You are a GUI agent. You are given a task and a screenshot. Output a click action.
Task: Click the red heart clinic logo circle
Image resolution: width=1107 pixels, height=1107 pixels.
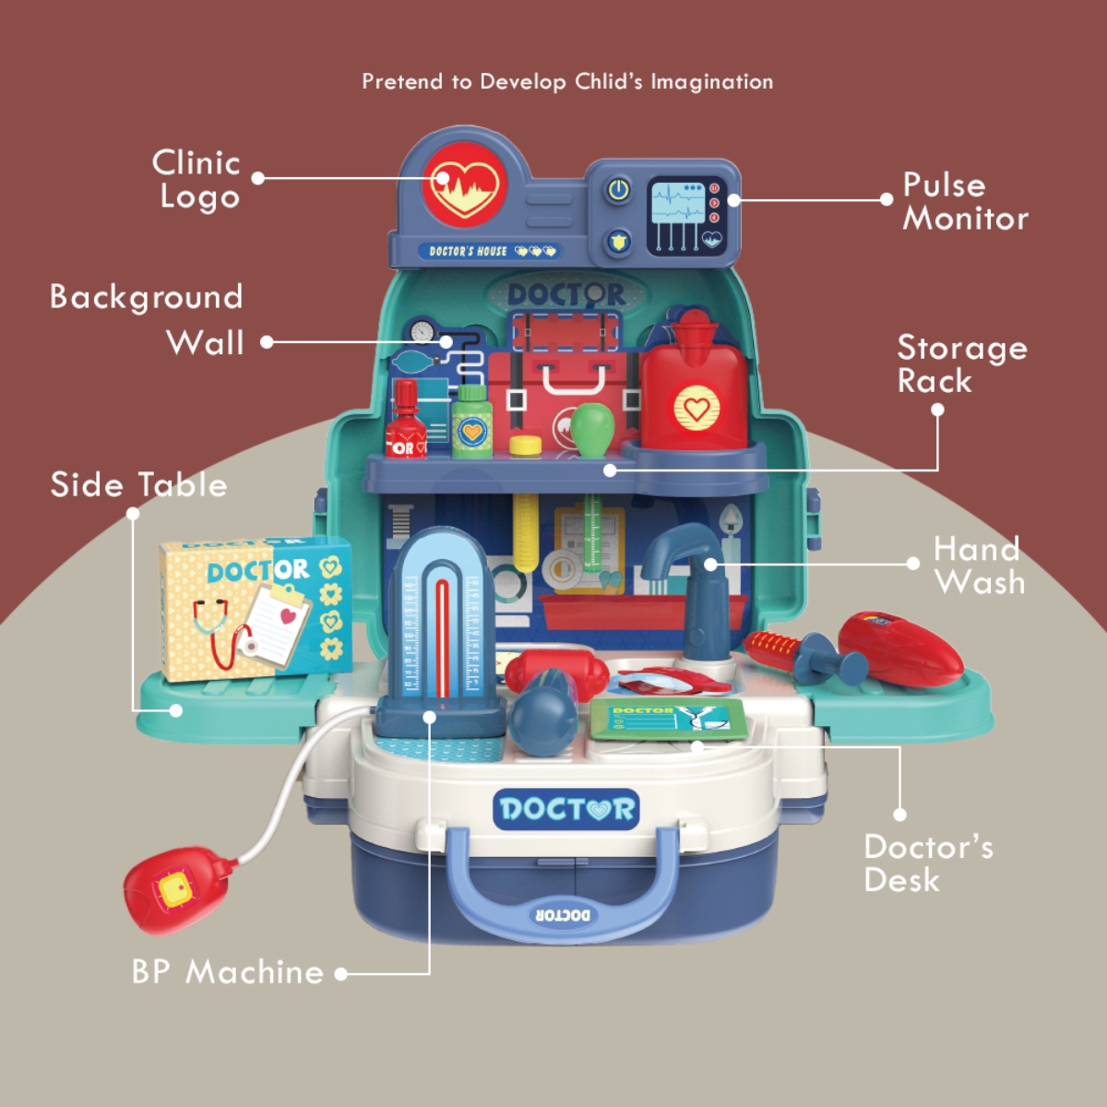coord(465,185)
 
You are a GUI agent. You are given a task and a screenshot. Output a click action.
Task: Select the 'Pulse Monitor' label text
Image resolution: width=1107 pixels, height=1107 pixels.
coord(964,201)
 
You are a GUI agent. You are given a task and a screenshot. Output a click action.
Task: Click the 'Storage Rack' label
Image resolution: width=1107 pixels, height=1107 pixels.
coord(961,364)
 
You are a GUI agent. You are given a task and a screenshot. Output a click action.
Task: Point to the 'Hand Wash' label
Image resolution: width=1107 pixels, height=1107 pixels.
coord(978,565)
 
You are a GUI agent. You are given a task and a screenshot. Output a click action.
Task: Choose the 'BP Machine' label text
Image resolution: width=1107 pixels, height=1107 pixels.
coord(227,972)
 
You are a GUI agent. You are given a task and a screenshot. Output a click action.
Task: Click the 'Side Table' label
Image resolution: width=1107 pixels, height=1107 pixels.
coord(138,485)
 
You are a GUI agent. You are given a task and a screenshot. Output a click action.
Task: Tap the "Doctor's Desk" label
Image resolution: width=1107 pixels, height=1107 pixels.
coord(927,863)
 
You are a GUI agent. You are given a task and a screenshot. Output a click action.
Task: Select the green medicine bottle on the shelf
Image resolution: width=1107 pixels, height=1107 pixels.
coord(472,423)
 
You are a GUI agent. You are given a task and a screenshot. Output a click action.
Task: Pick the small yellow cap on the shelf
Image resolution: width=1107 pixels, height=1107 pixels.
coord(526,446)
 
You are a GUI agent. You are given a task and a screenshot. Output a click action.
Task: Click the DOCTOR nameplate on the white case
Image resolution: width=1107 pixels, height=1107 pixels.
coord(566,809)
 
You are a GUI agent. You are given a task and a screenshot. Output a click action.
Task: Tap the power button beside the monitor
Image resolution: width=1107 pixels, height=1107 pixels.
coord(618,191)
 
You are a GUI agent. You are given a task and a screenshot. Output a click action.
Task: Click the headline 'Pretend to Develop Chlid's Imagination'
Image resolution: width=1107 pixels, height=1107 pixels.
coord(567,81)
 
